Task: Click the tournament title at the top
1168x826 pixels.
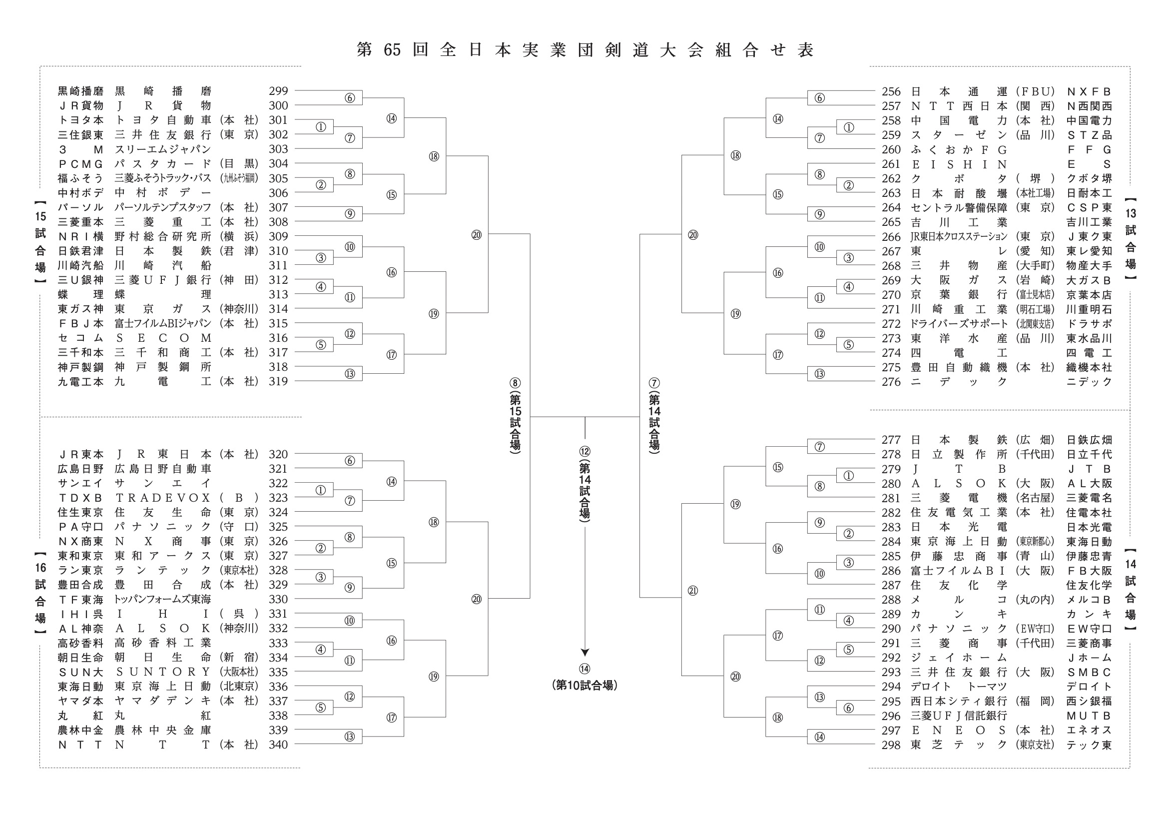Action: pos(585,50)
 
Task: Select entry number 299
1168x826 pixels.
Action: pos(278,91)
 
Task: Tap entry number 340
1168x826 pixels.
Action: pos(278,745)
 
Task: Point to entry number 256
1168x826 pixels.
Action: pos(891,91)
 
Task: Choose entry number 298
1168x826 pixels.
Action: pos(891,745)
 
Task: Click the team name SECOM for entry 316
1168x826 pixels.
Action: pos(163,338)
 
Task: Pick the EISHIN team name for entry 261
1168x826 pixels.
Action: pos(959,164)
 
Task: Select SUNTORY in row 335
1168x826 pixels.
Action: pos(163,672)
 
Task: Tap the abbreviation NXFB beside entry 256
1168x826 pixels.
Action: pos(1089,91)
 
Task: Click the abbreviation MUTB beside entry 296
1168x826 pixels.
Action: pos(1089,716)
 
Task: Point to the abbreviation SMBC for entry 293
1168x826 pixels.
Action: pos(1089,672)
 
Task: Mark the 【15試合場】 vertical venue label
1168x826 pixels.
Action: pos(40,242)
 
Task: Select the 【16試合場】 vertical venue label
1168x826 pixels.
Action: pos(40,593)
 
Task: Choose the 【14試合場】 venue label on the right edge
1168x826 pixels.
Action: pos(1130,589)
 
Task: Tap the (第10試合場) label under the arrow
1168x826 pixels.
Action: pos(584,686)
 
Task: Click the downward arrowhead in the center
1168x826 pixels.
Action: pos(584,653)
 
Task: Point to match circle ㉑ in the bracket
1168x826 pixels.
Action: pos(693,591)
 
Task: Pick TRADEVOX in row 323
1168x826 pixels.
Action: pos(163,498)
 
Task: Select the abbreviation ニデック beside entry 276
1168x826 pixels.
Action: pos(1089,382)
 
